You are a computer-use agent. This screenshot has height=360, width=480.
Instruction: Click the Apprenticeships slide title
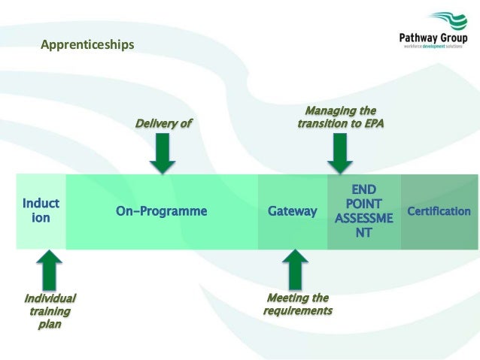click(87, 46)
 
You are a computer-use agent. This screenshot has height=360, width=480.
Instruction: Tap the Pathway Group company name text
click(433, 39)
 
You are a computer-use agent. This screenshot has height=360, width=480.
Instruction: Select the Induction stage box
click(41, 211)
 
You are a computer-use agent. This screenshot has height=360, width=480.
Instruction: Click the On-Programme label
click(161, 211)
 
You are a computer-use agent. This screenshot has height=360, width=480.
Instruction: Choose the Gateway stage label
click(293, 211)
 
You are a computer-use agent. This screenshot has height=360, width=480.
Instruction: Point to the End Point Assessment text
click(363, 210)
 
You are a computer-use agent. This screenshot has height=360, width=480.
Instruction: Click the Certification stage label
click(439, 211)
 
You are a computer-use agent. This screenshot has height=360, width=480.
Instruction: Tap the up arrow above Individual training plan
click(49, 269)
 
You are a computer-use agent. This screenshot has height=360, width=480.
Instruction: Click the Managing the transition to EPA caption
click(340, 117)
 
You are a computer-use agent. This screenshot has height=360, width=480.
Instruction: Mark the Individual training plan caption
click(50, 311)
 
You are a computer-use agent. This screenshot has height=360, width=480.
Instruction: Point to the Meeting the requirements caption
click(298, 304)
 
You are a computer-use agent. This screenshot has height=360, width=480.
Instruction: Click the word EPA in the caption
click(371, 124)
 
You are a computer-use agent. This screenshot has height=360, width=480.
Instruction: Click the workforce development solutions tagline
click(433, 47)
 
